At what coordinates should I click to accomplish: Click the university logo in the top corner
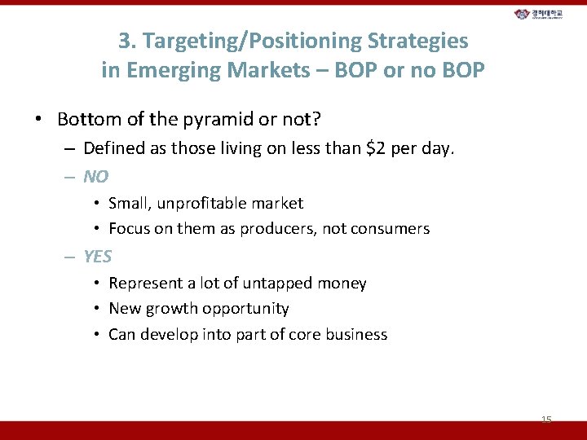(545, 15)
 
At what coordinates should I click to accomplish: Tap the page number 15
(546, 420)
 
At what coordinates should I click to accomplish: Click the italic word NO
(95, 176)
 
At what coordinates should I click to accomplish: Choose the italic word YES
(98, 257)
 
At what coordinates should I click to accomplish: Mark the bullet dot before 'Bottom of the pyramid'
(38, 121)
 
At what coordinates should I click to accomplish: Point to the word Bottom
(85, 120)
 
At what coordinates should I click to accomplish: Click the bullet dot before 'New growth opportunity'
(96, 310)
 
